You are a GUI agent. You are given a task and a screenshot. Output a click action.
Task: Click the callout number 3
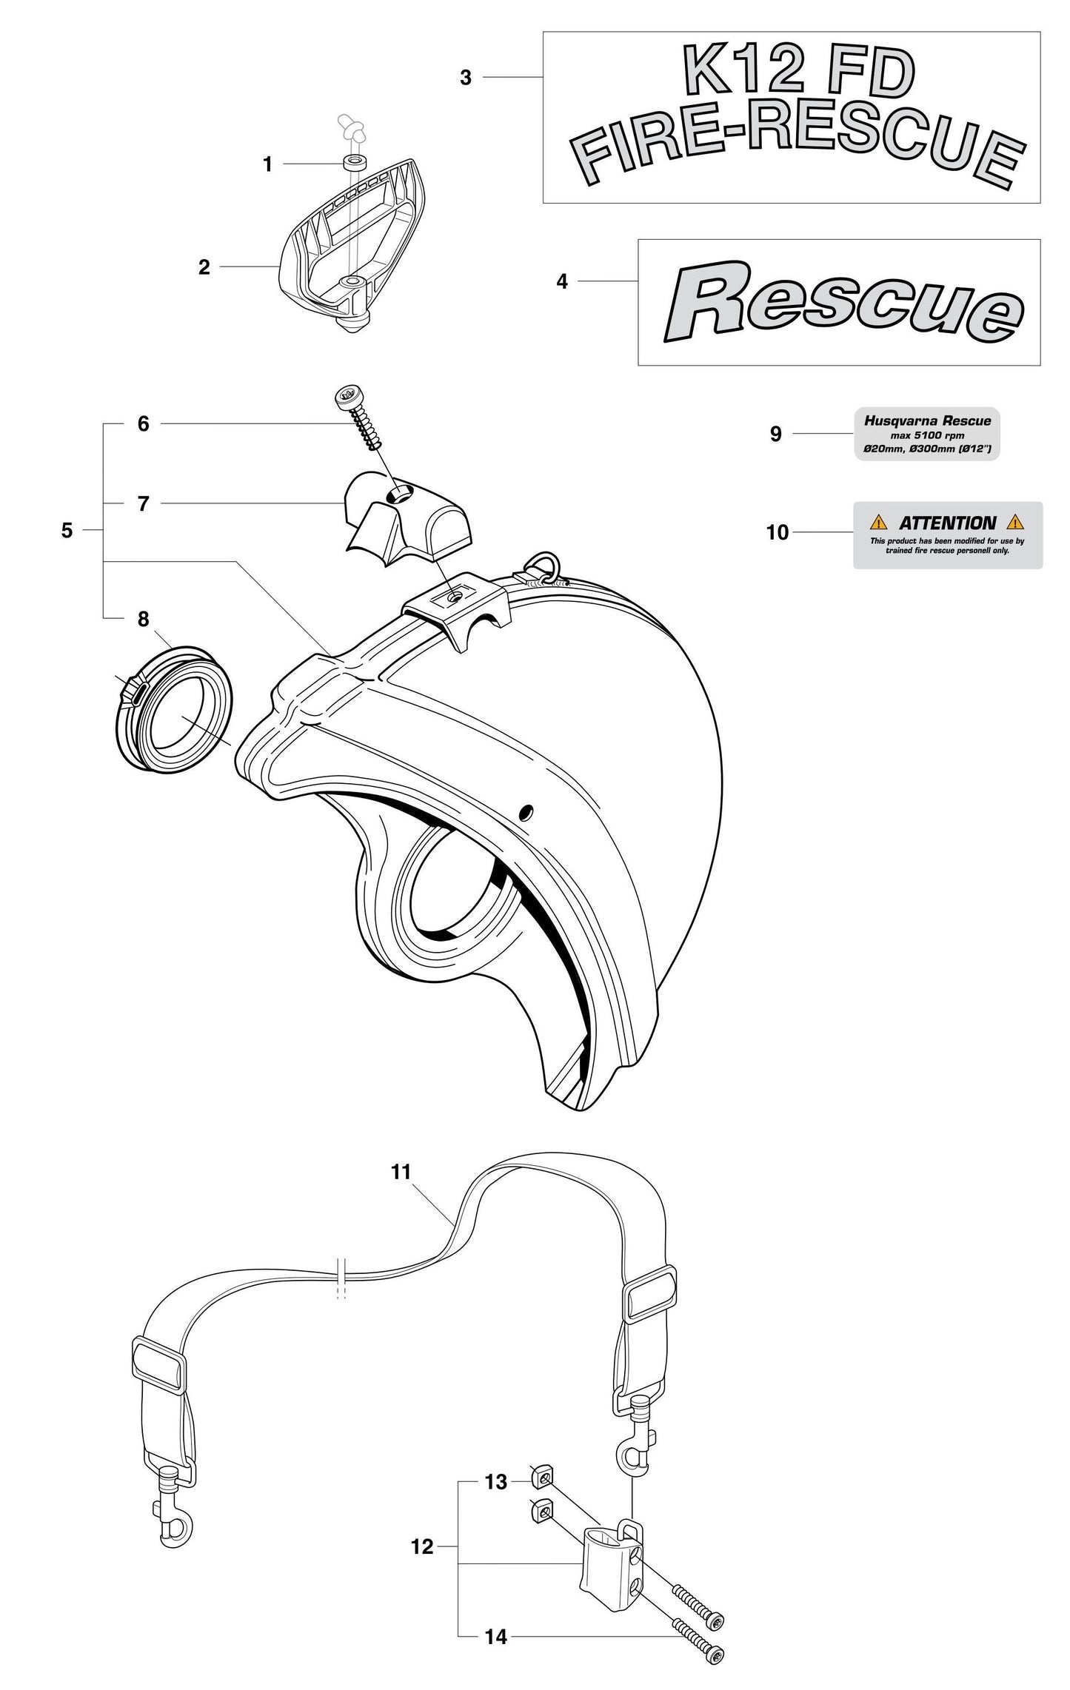(465, 78)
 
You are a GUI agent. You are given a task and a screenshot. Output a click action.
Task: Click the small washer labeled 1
(356, 162)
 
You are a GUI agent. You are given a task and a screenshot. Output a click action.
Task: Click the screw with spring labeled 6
(360, 418)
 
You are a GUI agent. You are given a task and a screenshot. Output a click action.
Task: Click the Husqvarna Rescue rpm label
(927, 434)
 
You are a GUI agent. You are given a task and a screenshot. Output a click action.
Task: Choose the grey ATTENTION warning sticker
(948, 535)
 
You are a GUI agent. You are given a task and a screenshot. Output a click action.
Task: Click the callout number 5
(67, 531)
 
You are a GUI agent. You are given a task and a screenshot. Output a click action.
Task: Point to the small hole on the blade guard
(526, 814)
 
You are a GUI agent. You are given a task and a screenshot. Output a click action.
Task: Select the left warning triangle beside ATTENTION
(877, 522)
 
